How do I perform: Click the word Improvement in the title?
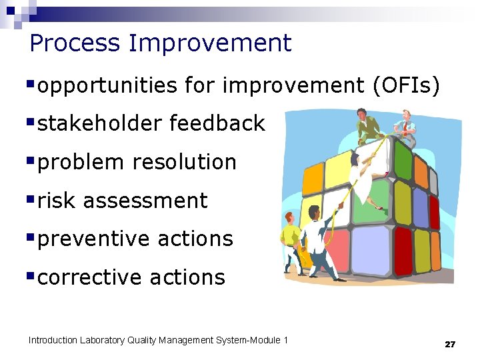click(x=211, y=43)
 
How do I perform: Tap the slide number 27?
click(x=450, y=344)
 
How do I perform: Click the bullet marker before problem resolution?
click(x=31, y=161)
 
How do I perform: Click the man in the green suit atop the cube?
click(x=368, y=127)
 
